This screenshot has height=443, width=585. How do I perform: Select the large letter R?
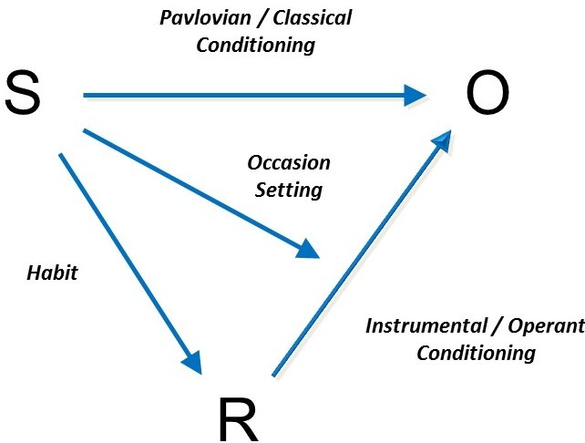240,421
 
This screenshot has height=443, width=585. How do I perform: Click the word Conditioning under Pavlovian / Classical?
255,44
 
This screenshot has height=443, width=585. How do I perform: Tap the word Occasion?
289,163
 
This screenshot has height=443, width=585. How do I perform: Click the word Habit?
52,273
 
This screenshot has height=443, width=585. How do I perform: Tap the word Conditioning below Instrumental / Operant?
476,352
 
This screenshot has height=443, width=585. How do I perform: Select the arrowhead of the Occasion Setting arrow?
309,249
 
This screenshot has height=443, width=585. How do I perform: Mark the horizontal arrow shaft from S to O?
246,94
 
